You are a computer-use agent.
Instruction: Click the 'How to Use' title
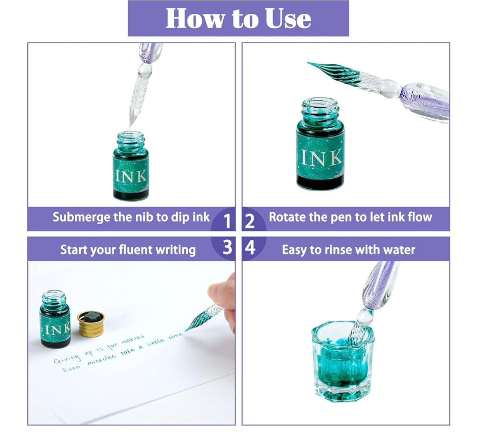point(238,19)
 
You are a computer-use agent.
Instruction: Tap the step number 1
point(227,222)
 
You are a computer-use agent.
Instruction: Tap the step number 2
point(250,222)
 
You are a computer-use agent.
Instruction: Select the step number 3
point(227,248)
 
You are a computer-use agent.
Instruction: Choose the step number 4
point(250,248)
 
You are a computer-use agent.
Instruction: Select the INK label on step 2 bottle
point(321,157)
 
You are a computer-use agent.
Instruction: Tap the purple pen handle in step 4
point(377,285)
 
